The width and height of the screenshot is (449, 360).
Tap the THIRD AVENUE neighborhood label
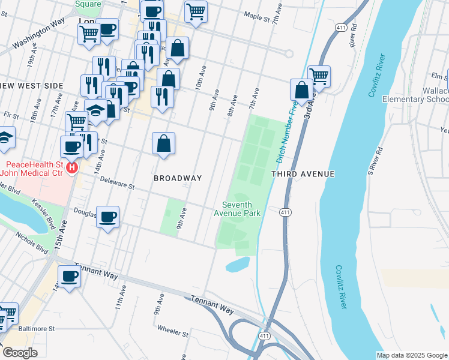point(303,174)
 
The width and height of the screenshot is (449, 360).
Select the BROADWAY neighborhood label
point(177,178)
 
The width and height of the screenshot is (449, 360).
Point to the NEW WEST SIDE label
point(31,86)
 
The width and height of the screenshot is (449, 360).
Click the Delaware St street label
point(118,182)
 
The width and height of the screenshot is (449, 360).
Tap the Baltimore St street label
point(35,329)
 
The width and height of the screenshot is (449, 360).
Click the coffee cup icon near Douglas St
point(108,217)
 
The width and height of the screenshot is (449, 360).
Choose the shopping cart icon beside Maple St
point(196,10)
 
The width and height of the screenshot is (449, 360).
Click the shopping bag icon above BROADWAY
point(163,143)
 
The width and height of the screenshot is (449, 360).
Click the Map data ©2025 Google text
point(411,355)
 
